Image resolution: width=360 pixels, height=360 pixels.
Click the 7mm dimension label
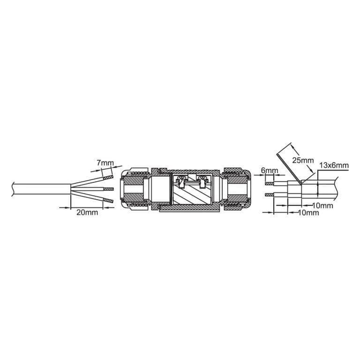click(x=105, y=163)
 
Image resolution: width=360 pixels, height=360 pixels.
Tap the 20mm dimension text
click(x=87, y=213)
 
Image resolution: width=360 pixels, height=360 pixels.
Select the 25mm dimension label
click(x=303, y=160)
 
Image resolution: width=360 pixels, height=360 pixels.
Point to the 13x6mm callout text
click(x=334, y=165)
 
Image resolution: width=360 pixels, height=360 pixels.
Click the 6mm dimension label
click(x=269, y=170)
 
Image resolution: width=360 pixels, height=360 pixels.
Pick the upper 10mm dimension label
click(x=323, y=205)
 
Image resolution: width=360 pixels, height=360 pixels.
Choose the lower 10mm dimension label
click(x=309, y=213)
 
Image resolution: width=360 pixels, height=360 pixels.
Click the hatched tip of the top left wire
click(x=107, y=178)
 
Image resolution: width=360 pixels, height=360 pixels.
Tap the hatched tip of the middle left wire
click(x=109, y=189)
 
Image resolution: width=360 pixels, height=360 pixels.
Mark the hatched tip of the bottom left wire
click(x=107, y=201)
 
